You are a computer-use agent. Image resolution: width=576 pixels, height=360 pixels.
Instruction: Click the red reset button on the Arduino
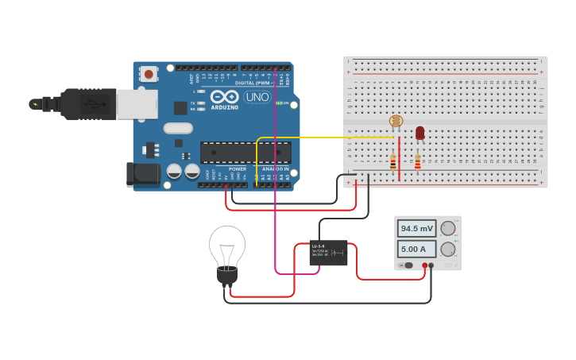[x=149, y=74]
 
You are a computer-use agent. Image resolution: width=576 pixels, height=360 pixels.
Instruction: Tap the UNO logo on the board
[x=257, y=97]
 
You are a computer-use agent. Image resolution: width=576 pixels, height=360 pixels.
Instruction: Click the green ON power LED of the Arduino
[x=279, y=103]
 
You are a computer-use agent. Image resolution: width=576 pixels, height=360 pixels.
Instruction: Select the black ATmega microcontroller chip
[x=245, y=152]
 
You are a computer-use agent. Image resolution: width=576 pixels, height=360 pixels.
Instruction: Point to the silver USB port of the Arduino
[x=137, y=104]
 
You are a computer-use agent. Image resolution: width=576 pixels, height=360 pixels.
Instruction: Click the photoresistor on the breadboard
[x=396, y=122]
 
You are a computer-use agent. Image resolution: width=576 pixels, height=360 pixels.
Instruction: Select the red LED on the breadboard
[x=419, y=133]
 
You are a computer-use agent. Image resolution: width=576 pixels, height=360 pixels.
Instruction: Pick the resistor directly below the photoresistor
[x=393, y=161]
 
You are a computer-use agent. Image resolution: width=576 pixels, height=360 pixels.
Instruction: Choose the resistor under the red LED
[x=418, y=161]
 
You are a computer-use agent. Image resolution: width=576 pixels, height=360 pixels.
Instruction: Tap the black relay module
[x=328, y=253]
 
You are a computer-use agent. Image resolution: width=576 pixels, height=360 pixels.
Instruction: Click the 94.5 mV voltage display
[x=416, y=228]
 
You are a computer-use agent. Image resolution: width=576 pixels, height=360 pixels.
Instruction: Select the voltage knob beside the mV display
[x=448, y=229]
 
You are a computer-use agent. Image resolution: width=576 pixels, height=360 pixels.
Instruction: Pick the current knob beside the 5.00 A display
[x=448, y=249]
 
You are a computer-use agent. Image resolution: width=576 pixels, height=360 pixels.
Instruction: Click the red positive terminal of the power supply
[x=425, y=265]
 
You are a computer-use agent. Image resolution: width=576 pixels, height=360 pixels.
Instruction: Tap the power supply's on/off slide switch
[x=408, y=265]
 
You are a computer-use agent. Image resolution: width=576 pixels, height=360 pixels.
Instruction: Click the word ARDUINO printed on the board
[x=225, y=107]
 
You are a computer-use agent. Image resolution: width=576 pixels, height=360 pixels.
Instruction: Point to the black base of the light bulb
[x=227, y=276]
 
